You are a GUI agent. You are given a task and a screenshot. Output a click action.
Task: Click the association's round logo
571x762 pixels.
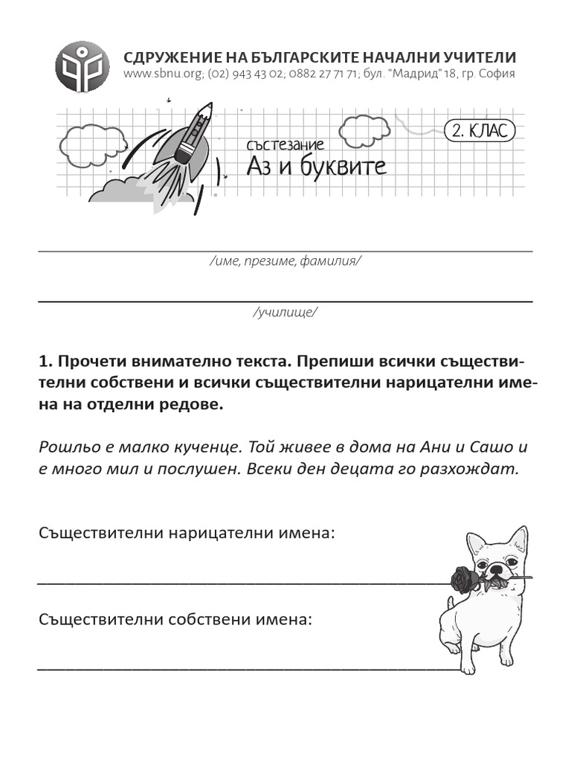[x=83, y=66]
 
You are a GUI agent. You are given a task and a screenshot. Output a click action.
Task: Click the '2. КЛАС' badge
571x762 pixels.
[x=480, y=132]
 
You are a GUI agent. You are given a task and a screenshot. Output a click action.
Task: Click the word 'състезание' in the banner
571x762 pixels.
[x=285, y=145]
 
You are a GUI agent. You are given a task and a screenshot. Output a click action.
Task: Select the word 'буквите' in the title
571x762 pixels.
[x=343, y=166]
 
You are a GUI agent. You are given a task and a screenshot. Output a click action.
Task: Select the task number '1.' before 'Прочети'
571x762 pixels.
[x=45, y=362]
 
